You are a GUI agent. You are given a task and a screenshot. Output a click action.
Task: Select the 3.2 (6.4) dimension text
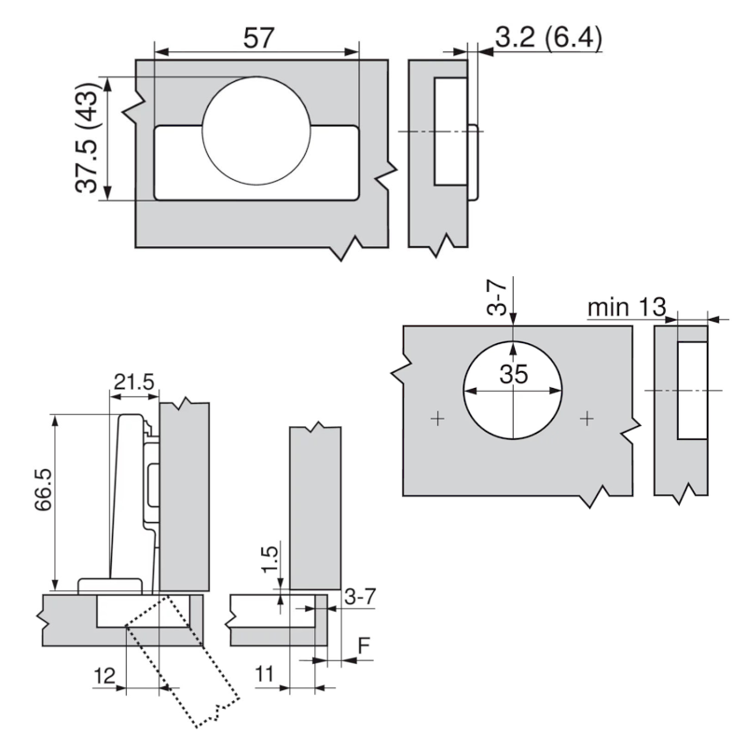click(x=547, y=40)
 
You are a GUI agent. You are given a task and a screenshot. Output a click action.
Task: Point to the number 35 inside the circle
click(x=512, y=375)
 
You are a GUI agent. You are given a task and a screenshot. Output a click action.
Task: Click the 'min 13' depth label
click(x=626, y=308)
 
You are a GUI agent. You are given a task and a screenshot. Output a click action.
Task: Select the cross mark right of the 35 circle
click(x=587, y=420)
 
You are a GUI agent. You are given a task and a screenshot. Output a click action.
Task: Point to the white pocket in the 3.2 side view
click(x=450, y=131)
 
